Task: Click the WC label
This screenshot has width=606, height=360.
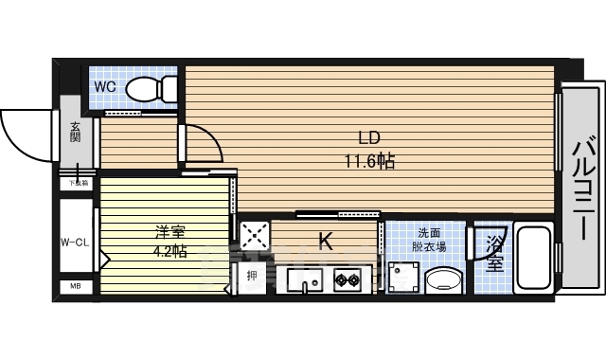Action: (x=105, y=87)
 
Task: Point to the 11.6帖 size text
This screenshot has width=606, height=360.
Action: (x=369, y=161)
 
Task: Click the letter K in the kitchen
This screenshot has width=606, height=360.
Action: (x=325, y=242)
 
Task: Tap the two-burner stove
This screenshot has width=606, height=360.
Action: (x=348, y=279)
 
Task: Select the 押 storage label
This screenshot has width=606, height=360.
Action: (x=251, y=277)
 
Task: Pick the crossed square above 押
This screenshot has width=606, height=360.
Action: (x=253, y=237)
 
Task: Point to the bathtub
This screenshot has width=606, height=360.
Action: (x=537, y=259)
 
